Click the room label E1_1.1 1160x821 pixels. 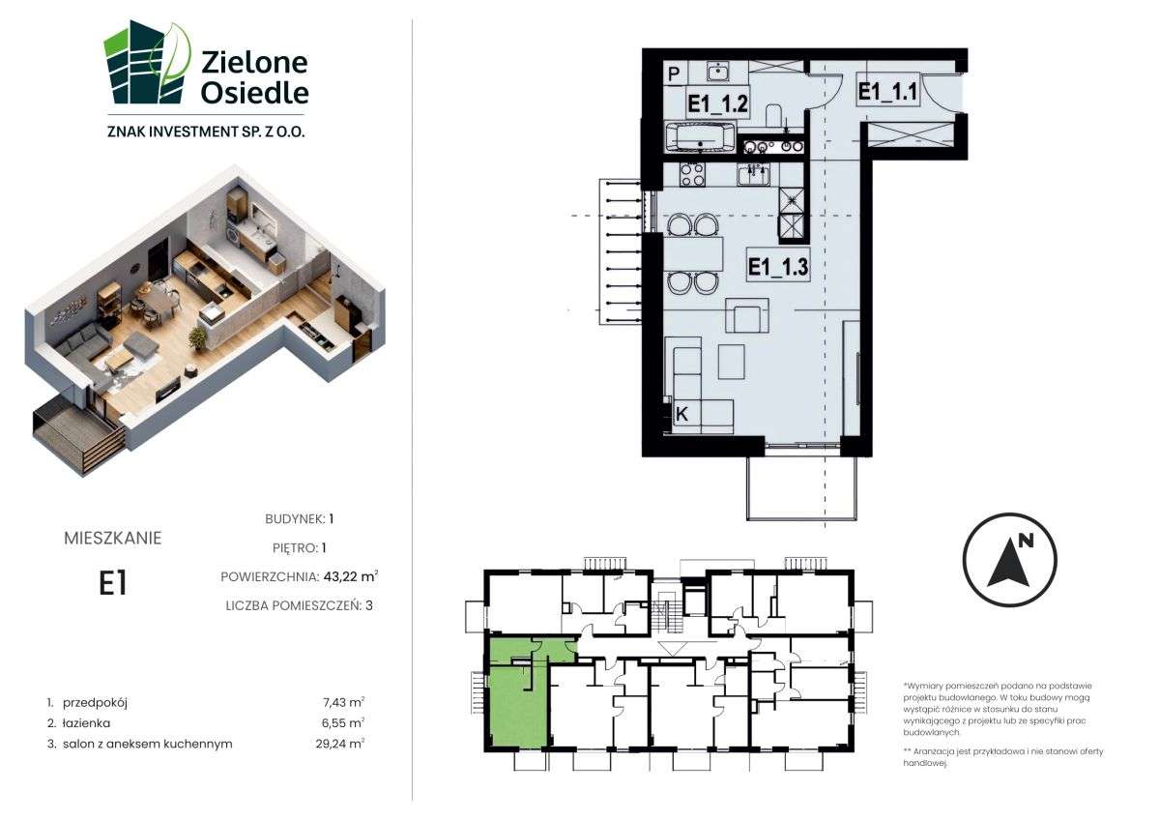point(887,92)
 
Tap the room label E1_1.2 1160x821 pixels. point(717,103)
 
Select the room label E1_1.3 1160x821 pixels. point(778,267)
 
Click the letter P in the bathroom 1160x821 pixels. point(673,74)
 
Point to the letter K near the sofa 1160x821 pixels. point(682,415)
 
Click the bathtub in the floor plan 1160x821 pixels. point(700,137)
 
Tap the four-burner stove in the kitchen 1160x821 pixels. point(692,175)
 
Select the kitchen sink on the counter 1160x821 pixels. point(754,175)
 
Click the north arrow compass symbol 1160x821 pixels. point(1010,560)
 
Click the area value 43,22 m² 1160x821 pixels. point(351,576)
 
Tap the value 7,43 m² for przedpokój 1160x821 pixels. point(343,702)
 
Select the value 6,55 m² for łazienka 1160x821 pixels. point(343,722)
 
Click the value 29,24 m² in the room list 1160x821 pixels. point(339,744)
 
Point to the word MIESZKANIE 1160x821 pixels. point(113,539)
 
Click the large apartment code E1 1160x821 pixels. point(113,583)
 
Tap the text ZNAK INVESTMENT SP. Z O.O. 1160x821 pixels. point(206,132)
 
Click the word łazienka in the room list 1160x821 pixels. point(86,723)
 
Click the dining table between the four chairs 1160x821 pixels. point(693,253)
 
